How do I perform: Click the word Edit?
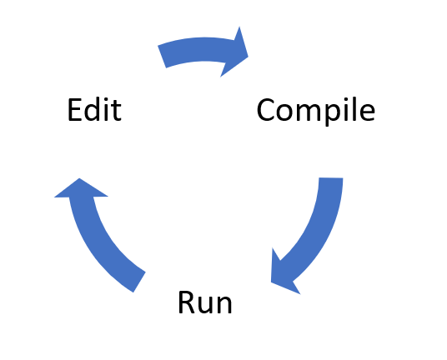click(x=94, y=110)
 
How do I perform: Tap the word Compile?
click(x=316, y=110)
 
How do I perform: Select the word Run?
click(x=205, y=302)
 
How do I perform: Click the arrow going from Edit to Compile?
click(x=203, y=49)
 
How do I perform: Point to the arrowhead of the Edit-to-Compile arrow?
click(x=237, y=52)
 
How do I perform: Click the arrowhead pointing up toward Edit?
click(x=80, y=189)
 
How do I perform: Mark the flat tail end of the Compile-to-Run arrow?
click(x=331, y=178)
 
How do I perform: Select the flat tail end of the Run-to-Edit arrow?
click(x=139, y=282)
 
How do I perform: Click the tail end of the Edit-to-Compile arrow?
click(x=162, y=57)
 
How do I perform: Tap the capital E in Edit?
click(x=75, y=110)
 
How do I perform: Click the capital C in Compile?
click(x=266, y=110)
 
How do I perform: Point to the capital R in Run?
click(x=187, y=302)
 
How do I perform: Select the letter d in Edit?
click(x=93, y=110)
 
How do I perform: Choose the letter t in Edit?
click(x=117, y=111)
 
